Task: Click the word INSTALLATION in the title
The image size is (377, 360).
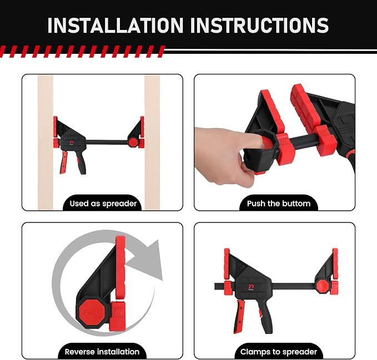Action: (115, 25)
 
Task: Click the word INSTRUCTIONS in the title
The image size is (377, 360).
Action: (260, 25)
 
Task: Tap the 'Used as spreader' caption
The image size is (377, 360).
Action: (103, 204)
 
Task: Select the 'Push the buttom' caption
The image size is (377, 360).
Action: (279, 204)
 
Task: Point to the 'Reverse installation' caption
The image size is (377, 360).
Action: (102, 352)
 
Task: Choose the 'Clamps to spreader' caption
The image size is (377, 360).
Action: (279, 352)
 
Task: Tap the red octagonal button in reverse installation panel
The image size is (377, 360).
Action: (92, 312)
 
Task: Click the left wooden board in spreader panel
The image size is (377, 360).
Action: (46, 142)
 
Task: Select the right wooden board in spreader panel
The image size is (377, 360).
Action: (152, 142)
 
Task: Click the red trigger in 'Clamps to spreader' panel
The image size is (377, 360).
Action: (239, 317)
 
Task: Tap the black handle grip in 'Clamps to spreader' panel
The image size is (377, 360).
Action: (264, 317)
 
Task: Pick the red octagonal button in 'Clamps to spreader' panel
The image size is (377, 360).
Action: (323, 286)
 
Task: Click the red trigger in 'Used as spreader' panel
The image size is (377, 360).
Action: (64, 163)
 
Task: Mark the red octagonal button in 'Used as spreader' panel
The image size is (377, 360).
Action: (133, 142)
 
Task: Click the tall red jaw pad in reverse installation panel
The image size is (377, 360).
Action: (120, 267)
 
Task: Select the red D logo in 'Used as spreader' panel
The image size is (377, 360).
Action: (72, 143)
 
